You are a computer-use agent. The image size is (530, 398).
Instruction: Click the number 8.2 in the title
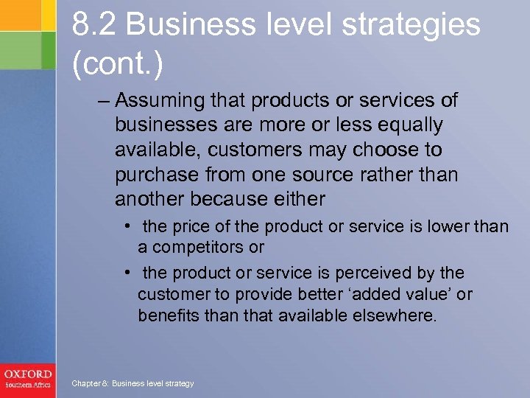[93, 26]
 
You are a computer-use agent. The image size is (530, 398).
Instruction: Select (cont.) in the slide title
[118, 65]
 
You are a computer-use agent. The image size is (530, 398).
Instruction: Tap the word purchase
[151, 175]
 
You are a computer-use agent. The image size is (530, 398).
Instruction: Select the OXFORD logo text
[27, 374]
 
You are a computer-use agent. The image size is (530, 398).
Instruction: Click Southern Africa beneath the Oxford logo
[27, 385]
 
